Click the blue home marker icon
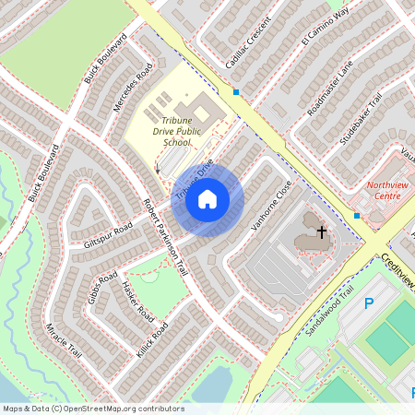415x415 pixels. click(207, 198)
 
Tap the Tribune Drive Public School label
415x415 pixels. click(176, 132)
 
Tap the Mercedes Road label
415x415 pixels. click(132, 89)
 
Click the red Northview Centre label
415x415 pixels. click(383, 190)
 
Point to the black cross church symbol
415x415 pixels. click(322, 231)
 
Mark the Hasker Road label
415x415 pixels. click(135, 300)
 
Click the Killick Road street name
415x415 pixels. click(154, 338)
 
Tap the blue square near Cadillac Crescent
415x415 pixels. click(236, 92)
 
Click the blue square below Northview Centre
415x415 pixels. click(356, 216)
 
